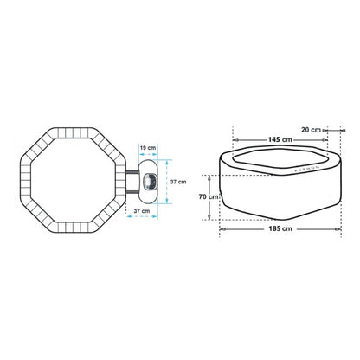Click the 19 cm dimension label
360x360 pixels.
pyautogui.click(x=148, y=148)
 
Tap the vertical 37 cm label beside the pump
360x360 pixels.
pyautogui.click(x=178, y=182)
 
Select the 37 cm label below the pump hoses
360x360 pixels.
pyautogui.click(x=142, y=211)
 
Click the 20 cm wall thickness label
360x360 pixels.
pyautogui.click(x=311, y=130)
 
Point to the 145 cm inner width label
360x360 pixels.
pyautogui.click(x=280, y=139)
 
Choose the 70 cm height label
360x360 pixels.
pyautogui.click(x=209, y=196)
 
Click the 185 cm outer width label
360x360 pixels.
pyautogui.click(x=280, y=228)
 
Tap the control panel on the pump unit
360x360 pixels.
pyautogui.click(x=150, y=182)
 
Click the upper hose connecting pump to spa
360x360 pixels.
pyautogui.click(x=132, y=172)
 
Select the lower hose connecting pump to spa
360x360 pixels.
pyautogui.click(x=132, y=190)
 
